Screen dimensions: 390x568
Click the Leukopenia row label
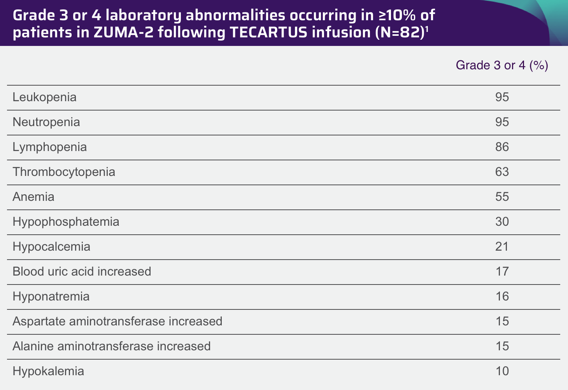point(44,97)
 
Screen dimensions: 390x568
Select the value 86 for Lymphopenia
point(502,147)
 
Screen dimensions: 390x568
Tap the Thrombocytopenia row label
point(64,172)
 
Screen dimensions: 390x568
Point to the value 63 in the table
point(502,172)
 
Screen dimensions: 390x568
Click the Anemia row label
point(33,197)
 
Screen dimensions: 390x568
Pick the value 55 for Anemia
point(502,197)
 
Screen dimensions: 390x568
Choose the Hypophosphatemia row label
point(66,221)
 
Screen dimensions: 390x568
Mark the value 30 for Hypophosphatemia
point(502,221)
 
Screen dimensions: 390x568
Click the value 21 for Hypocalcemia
point(502,246)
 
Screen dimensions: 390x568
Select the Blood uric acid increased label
point(82,271)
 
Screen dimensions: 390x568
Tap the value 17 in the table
point(502,271)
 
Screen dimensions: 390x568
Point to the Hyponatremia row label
point(51,296)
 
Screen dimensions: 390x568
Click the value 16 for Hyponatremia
point(502,296)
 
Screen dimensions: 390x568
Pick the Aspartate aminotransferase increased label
point(117,321)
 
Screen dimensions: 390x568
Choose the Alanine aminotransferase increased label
point(111,346)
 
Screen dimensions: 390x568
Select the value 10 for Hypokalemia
point(502,371)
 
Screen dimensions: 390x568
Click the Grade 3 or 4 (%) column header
point(502,65)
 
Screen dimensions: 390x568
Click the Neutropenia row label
point(46,122)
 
